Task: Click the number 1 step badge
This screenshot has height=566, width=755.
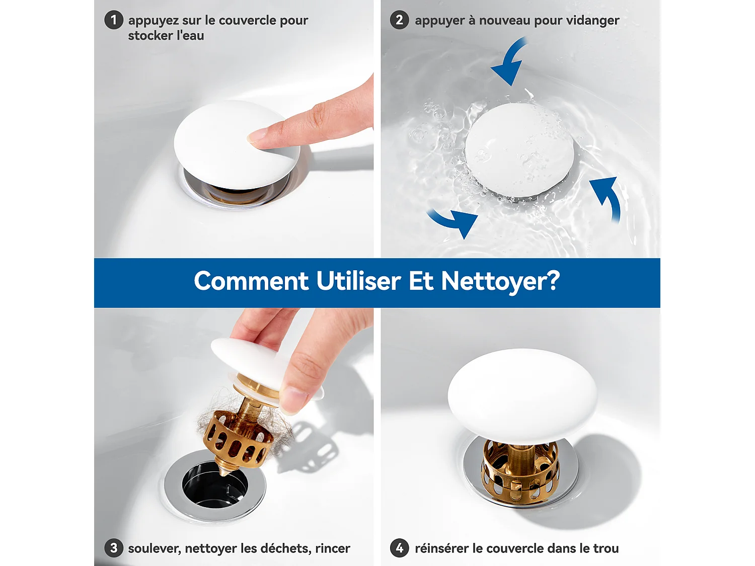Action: click(x=113, y=20)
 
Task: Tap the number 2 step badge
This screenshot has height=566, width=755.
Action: click(x=399, y=20)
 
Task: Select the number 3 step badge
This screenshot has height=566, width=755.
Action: click(x=113, y=548)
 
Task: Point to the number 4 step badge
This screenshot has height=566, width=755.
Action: click(x=399, y=548)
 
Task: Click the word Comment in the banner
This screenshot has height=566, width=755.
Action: click(x=251, y=281)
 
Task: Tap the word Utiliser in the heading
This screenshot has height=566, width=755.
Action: click(x=358, y=281)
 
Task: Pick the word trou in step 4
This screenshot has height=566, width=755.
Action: click(x=606, y=548)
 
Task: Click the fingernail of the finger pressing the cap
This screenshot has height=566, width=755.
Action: click(x=258, y=135)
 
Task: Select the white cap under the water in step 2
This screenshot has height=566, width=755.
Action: click(x=519, y=149)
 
